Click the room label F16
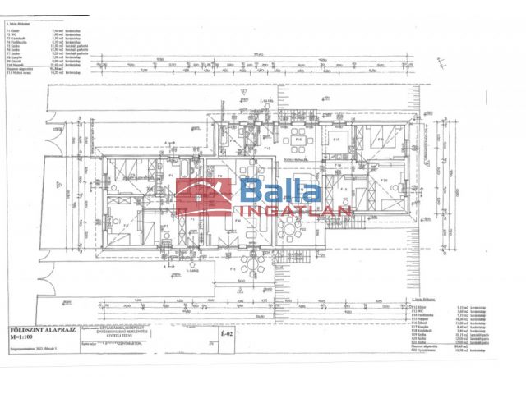[x=301, y=140]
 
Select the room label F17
[x=337, y=140]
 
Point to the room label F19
[x=346, y=190]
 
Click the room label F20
[x=383, y=181]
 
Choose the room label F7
[x=166, y=225]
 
